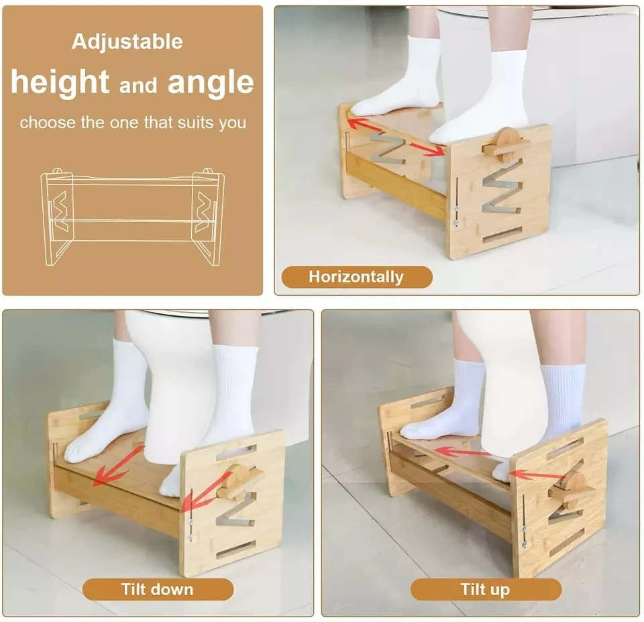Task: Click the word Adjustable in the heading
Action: (x=127, y=42)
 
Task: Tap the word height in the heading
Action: (x=60, y=83)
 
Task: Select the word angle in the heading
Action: (x=211, y=83)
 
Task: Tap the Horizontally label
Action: (x=356, y=276)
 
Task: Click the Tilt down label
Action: (x=157, y=590)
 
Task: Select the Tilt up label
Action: (x=485, y=590)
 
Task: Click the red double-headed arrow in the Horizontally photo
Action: (x=396, y=136)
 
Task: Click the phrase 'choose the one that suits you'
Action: (x=132, y=123)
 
